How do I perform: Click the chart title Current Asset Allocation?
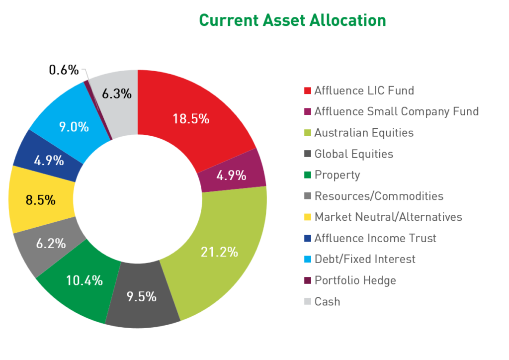(x=292, y=20)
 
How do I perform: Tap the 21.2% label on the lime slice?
(x=219, y=252)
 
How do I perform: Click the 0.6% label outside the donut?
(x=64, y=70)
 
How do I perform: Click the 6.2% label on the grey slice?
(x=51, y=243)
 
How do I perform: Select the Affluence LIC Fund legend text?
(x=364, y=90)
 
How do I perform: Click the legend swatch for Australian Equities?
(x=307, y=133)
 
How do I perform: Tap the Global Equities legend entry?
(x=353, y=154)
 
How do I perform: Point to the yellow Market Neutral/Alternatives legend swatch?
(x=307, y=217)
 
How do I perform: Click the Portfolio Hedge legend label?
(x=355, y=280)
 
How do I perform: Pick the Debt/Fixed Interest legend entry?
(x=365, y=259)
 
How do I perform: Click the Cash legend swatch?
(x=307, y=301)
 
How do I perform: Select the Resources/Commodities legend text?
(x=379, y=196)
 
